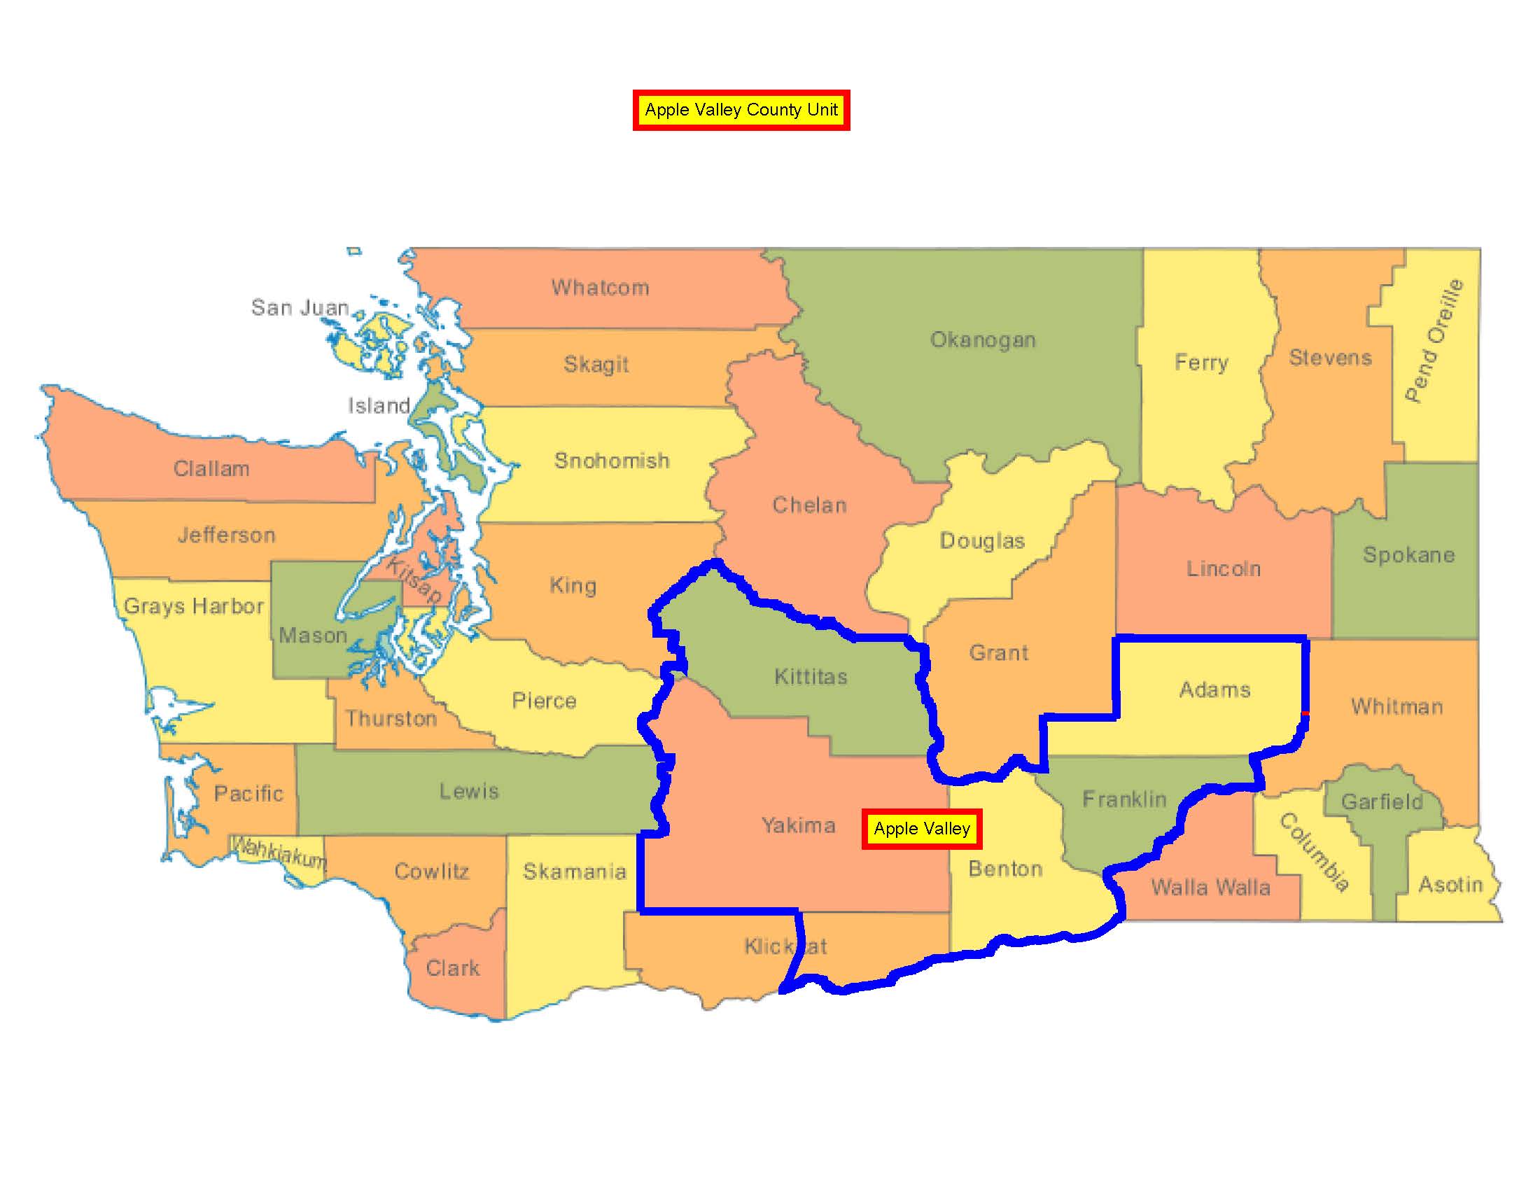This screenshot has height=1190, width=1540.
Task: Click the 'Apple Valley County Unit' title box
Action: point(741,110)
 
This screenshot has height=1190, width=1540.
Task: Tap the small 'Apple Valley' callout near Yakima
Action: point(922,828)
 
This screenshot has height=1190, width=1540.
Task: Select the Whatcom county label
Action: point(600,288)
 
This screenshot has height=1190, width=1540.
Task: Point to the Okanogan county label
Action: point(983,339)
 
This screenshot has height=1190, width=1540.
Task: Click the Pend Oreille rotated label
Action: point(1434,340)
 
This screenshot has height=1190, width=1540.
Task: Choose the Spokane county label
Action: point(1408,555)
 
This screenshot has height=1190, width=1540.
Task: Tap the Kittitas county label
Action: point(811,677)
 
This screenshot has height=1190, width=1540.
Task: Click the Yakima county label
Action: point(798,825)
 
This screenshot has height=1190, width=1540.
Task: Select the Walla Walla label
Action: point(1211,887)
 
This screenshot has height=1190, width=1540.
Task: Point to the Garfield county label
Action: point(1381,801)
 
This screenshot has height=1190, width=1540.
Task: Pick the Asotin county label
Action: point(1450,885)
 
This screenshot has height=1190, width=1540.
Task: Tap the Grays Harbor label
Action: point(194,606)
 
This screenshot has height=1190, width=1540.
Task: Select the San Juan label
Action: point(300,307)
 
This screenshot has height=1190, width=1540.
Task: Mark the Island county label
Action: point(379,405)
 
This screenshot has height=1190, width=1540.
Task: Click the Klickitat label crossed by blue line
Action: point(785,946)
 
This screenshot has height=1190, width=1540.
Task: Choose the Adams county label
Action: point(1215,689)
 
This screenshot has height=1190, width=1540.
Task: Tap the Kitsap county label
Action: point(414,582)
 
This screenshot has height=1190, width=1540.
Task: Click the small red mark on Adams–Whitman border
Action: point(1305,713)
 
